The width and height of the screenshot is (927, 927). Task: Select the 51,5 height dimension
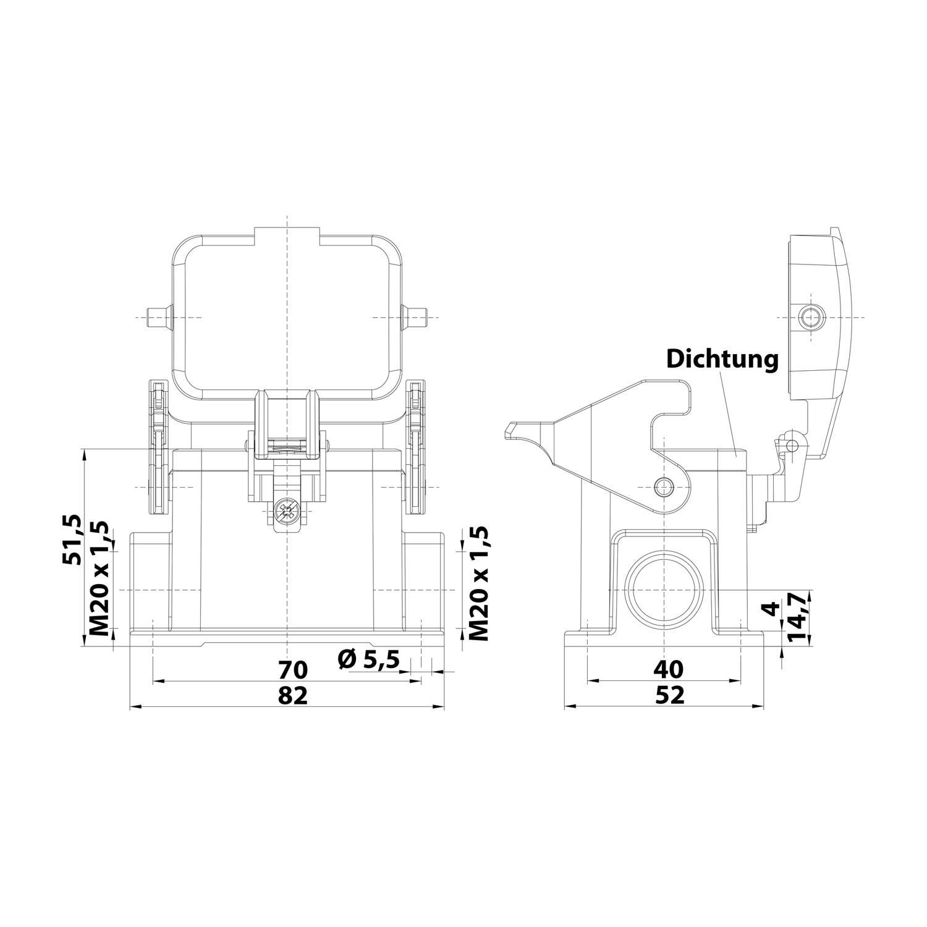72,539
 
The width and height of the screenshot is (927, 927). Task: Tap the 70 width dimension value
292,669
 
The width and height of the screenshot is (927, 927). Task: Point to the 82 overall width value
292,696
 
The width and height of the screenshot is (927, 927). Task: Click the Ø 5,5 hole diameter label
369,659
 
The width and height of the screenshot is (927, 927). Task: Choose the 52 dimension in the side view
669,696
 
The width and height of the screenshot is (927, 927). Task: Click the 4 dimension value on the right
771,609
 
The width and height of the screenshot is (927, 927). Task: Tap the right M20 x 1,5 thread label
478,583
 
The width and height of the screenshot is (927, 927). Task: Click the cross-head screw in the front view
287,512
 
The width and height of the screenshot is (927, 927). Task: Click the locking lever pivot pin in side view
664,486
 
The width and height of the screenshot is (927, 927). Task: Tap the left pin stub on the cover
158,317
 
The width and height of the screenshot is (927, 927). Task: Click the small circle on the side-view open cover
810,318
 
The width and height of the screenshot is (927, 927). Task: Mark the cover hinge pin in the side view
792,444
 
